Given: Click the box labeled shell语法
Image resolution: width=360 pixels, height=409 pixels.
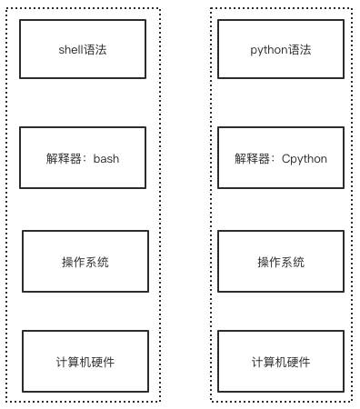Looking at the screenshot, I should coord(83,50).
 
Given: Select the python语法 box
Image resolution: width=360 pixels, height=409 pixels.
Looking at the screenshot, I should coord(280,50).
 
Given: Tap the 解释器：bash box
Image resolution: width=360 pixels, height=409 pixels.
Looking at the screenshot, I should coord(83,157).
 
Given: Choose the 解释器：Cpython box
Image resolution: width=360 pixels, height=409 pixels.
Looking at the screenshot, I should coord(280,157).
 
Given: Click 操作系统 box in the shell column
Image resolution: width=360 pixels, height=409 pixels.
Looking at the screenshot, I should coord(85,262).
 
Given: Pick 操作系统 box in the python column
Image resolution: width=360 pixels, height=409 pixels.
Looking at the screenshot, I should coord(281,262).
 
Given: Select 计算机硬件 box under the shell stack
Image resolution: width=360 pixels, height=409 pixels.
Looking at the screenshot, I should coord(85,362).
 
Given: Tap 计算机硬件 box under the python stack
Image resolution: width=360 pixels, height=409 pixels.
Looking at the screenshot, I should coord(281,362).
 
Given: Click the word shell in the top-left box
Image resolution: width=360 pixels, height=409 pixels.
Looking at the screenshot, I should coord(70,50).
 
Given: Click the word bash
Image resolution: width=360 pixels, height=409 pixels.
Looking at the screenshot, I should coord(106,158).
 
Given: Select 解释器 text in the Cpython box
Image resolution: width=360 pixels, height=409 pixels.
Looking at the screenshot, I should coord(250,158).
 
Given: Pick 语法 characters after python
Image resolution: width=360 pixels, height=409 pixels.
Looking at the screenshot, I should coord(300,50).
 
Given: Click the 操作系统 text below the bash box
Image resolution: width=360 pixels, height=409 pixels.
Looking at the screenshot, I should coord(85,262).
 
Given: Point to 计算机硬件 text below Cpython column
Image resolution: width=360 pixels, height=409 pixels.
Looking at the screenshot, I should coord(281,362).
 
